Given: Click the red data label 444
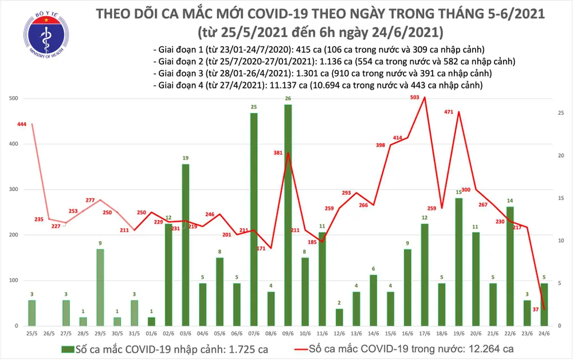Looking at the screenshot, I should pos(22,124).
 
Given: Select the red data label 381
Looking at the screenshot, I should pos(278,153).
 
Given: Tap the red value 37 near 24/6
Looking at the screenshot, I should pos(534,309).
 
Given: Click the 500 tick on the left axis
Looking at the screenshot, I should pos(13,99).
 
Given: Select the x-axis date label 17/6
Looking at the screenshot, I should pos(425,333).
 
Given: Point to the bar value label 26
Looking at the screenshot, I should pos(288,99).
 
